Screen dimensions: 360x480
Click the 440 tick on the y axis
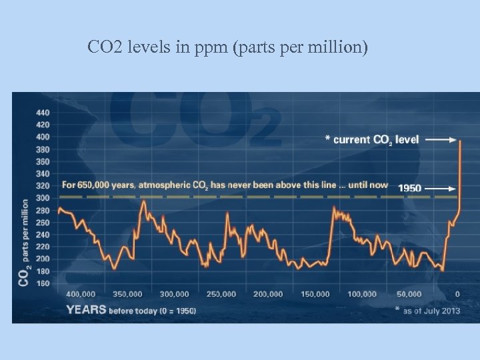coord(41,112)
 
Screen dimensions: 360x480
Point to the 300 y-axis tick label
coord(41,198)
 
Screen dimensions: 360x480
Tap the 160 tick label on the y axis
coord(41,283)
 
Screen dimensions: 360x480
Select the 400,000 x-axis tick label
coord(81,294)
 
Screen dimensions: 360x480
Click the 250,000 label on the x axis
coord(221,294)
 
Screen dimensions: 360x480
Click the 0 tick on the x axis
coord(457,294)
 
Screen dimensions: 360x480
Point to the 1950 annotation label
coord(409,188)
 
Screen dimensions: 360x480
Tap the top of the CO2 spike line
coord(460,141)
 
